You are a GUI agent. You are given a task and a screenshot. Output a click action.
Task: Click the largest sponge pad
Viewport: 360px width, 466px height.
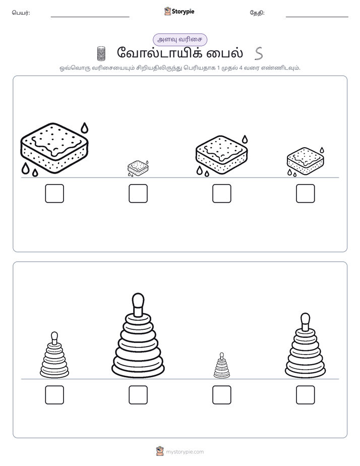[54, 148]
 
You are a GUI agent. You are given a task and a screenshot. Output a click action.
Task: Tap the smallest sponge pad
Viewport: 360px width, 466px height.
[138, 167]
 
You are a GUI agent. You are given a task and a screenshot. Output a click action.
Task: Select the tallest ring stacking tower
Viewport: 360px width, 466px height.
[138, 335]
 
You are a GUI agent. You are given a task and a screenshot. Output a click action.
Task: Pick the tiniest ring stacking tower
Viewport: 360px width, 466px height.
[221, 366]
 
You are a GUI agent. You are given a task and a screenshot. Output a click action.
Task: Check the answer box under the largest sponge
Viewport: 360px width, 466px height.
[54, 194]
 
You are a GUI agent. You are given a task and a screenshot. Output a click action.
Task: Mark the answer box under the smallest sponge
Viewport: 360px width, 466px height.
[138, 194]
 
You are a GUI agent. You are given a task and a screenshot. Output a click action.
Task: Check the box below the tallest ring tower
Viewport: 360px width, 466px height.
[138, 395]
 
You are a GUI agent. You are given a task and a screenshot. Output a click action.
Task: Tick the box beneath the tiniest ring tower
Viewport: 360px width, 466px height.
[222, 395]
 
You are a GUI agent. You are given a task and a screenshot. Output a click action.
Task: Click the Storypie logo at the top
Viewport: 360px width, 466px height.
[179, 12]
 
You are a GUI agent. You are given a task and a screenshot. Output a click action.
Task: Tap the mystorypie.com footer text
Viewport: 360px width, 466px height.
[185, 452]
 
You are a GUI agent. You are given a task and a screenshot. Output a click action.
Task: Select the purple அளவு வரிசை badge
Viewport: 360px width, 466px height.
[179, 39]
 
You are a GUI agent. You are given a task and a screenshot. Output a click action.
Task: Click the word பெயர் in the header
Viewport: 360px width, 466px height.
[21, 13]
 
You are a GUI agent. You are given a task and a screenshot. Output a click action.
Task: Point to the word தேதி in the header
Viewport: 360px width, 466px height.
[257, 13]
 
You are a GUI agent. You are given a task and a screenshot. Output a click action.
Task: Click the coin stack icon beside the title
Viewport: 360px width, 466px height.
[101, 53]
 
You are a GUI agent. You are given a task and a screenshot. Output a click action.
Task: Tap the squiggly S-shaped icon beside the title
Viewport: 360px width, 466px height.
[259, 53]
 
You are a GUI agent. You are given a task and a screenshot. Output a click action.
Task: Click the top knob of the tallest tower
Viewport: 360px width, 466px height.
[138, 301]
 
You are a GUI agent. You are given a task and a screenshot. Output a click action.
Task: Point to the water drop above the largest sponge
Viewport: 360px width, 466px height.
[85, 128]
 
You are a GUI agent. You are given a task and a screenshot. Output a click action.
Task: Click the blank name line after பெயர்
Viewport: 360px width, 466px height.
[90, 17]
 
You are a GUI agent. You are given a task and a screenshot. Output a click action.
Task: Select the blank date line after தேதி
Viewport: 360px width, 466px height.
[317, 17]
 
